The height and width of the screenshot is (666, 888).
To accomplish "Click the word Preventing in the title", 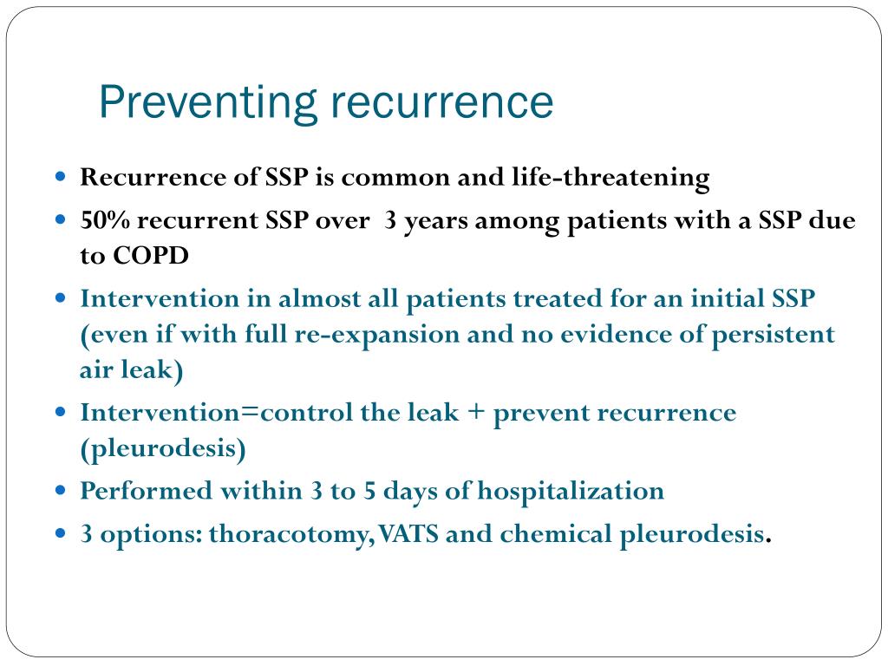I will (x=207, y=103).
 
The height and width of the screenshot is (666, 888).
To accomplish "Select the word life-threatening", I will (x=636, y=178).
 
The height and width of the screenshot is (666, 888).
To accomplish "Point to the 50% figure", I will (x=105, y=221).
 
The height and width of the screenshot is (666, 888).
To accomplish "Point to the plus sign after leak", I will (x=476, y=413).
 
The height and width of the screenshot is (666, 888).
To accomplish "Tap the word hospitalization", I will (x=571, y=492).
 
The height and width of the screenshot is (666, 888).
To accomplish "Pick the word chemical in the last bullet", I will (x=555, y=535).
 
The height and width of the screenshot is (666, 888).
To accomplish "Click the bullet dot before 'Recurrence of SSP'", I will (x=61, y=177).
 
